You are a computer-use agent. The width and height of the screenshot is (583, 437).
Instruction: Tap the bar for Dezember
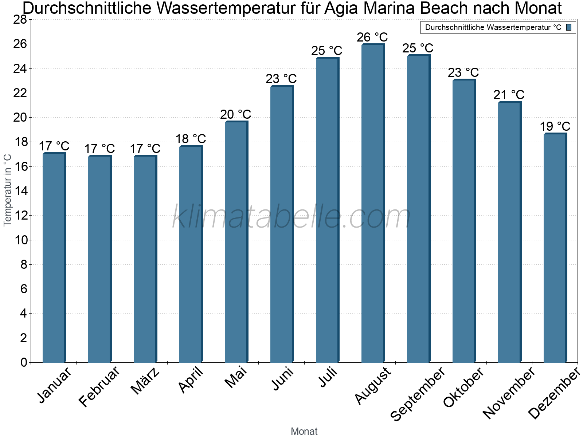pos(555,248)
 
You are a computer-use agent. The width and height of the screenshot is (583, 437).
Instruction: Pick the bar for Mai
pos(236,242)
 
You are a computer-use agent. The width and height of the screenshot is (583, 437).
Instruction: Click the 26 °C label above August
pos(372,37)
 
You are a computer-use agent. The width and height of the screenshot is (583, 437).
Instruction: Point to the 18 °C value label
pos(191,139)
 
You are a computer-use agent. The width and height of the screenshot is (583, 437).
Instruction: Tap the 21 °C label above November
pos(509,95)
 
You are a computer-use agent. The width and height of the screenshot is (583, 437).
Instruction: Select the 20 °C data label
pos(235,114)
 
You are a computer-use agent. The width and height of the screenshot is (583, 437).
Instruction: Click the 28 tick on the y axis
pos(20,20)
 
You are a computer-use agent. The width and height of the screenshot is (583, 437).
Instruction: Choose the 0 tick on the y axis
pos(24,362)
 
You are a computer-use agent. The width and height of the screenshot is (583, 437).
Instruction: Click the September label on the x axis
pos(418,393)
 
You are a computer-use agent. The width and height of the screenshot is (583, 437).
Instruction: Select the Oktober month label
pos(463,387)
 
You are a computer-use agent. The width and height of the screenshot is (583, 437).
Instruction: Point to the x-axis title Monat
pos(304,431)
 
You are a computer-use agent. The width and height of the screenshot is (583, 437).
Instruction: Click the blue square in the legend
pos(569,27)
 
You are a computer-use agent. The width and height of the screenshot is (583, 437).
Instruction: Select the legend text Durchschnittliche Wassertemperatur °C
pos(493,27)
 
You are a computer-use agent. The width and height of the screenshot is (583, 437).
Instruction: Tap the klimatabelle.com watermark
pos(291,217)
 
